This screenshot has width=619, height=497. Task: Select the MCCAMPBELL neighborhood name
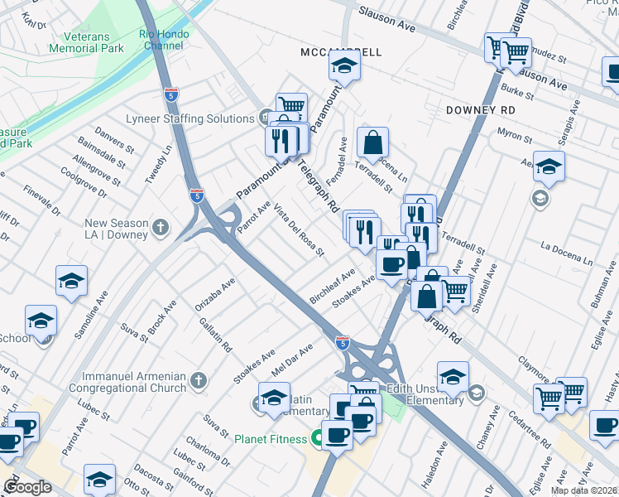pyautogui.click(x=341, y=52)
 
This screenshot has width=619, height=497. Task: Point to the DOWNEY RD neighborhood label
pyautogui.click(x=480, y=109)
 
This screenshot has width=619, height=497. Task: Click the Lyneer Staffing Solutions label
pyautogui.click(x=190, y=119)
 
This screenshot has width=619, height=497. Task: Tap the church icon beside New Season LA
pyautogui.click(x=161, y=225)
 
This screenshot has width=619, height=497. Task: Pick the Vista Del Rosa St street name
pyautogui.click(x=299, y=229)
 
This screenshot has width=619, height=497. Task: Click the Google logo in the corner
pyautogui.click(x=27, y=487)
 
